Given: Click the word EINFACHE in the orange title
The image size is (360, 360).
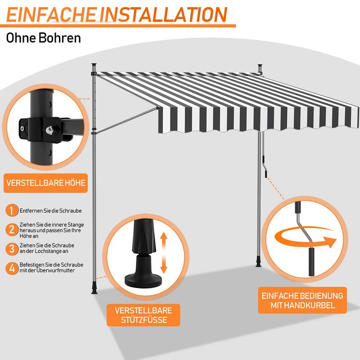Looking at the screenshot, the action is coord(51,15).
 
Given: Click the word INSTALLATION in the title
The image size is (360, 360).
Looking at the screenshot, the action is coord(164,15).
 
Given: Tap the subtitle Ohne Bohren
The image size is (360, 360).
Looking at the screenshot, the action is coord(43,38).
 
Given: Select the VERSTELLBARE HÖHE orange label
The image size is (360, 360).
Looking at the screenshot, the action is coord(46,183).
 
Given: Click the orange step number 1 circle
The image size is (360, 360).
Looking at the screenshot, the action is coord(12,210).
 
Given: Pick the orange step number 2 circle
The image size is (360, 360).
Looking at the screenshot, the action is coord(12,229).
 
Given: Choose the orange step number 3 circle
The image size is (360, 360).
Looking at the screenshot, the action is coord(12,249).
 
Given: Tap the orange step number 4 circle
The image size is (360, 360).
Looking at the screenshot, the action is coord(12,268).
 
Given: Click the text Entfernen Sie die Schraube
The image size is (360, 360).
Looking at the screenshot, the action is coord(50,211).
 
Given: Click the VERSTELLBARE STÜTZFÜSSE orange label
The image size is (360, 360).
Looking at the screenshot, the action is coord(144,315).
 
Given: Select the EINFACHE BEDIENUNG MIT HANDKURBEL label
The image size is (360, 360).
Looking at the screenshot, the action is coord(302,300).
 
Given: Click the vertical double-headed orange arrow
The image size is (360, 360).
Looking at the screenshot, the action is coord(164,252).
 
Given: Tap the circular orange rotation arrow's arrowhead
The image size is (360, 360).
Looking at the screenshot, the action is coord(331,242).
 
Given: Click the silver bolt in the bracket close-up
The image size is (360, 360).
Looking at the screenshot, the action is coord(49,130).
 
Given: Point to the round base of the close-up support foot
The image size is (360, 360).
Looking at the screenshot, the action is coord(143,280).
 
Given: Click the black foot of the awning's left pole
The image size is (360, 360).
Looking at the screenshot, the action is coord(94,288).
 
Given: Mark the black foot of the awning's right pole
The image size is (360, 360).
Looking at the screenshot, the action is coord(259,263).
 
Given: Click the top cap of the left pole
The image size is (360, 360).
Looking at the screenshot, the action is coord(94,65).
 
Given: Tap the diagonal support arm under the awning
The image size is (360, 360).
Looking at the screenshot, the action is coord(127,119).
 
